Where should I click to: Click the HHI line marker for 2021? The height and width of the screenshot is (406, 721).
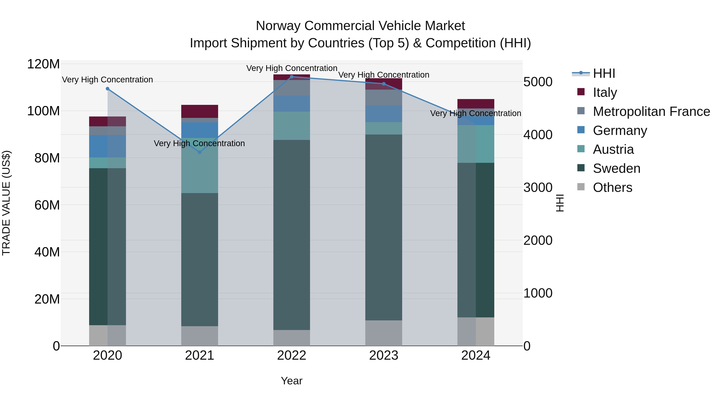[199, 152]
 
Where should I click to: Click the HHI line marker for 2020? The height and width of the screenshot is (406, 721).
[108, 89]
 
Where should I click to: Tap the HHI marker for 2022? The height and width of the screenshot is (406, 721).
[292, 77]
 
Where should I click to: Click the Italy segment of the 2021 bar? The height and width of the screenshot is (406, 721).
[199, 111]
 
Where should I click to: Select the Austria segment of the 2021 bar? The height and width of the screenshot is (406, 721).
[199, 165]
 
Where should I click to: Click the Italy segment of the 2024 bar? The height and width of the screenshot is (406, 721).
[476, 104]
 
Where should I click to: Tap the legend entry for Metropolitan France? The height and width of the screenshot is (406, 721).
[651, 111]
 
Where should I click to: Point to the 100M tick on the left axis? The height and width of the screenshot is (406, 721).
[43, 111]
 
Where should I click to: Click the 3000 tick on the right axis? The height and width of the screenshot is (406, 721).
[538, 187]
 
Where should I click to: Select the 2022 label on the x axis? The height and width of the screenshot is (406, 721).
[292, 355]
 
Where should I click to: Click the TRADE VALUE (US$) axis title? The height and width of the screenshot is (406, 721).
[6, 203]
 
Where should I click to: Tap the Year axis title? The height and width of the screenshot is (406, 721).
[292, 381]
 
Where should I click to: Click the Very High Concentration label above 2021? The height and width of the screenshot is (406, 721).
[199, 144]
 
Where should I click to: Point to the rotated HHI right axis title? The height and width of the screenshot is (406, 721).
[560, 203]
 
